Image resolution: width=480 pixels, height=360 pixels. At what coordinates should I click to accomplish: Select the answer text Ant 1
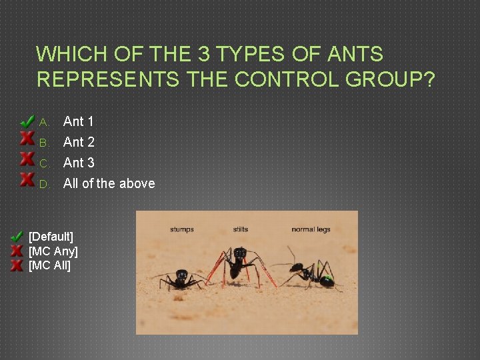[x=78, y=121]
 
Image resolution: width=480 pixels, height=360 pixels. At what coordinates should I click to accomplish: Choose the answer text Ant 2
[x=79, y=142]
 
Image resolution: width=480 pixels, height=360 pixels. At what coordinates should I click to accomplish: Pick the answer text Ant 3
[x=79, y=163]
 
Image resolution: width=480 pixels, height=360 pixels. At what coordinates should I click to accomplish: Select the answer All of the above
[x=109, y=183]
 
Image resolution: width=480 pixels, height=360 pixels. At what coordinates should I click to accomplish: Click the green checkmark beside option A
[x=27, y=121]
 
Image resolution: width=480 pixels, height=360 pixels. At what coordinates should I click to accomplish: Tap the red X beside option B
[x=27, y=139]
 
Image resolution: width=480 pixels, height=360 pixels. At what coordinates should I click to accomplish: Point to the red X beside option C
[x=27, y=159]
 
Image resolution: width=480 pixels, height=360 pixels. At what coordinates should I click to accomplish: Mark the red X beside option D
[x=27, y=179]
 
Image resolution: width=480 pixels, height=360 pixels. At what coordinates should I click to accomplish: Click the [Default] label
[x=51, y=237]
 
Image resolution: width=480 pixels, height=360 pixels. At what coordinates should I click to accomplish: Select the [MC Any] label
[x=53, y=251]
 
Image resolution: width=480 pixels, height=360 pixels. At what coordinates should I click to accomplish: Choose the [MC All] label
[x=49, y=266]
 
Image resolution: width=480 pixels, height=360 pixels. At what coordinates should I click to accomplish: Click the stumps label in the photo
[x=181, y=229]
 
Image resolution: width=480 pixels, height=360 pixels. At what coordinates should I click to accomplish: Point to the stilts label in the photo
[x=241, y=229]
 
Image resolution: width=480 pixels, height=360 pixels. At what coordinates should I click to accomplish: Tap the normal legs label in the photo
[x=311, y=229]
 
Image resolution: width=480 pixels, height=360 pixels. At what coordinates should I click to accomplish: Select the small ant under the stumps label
[x=181, y=277]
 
